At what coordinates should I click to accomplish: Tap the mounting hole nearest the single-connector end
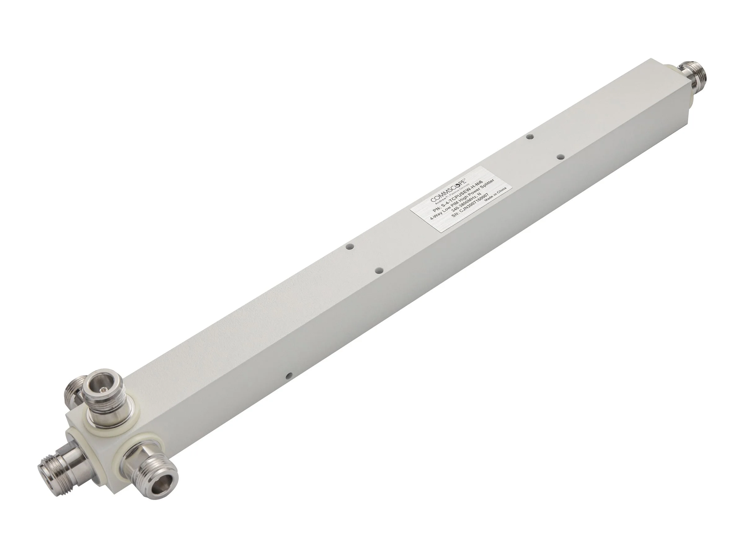click(530, 137)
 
